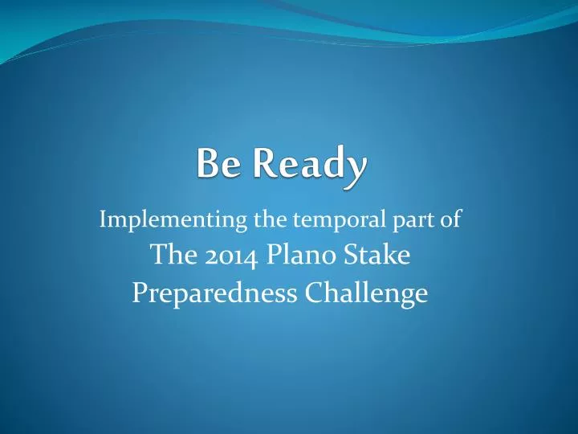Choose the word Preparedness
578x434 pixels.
coord(212,294)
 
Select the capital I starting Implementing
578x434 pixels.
coord(102,219)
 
